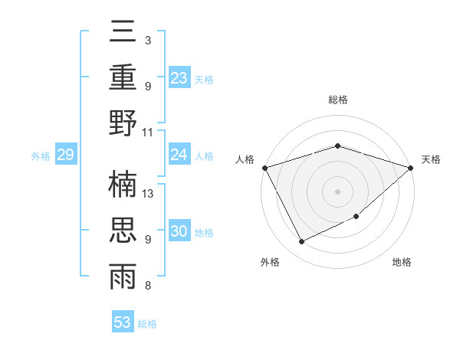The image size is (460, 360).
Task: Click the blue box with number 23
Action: click(179, 77)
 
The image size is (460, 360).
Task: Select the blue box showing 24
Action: click(179, 155)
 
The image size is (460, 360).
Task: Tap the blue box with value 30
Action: click(179, 231)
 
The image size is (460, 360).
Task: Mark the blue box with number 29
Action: click(66, 155)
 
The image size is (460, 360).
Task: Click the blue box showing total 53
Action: click(123, 322)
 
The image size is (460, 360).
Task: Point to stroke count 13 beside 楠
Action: click(149, 193)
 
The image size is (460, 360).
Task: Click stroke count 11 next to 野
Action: click(149, 132)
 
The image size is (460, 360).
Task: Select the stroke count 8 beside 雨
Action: click(148, 286)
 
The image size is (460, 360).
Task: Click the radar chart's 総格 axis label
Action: click(337, 100)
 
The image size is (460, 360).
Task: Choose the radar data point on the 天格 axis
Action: click(412, 168)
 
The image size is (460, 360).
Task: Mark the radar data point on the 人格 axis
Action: click(264, 168)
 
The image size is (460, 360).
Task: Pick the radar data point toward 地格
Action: click(357, 218)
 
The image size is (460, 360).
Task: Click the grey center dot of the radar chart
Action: click(337, 191)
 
